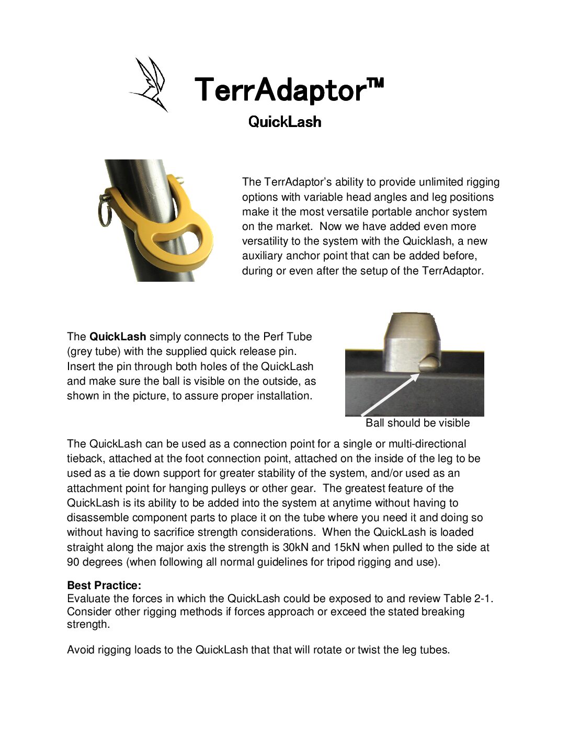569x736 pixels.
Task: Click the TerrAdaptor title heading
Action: (x=289, y=89)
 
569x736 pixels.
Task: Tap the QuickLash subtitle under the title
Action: (x=284, y=122)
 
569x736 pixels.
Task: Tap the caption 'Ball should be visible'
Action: (x=417, y=423)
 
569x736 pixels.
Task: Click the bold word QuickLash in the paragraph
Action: (x=118, y=337)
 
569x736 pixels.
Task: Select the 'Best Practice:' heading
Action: (x=104, y=585)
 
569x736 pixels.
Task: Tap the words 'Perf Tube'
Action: (x=287, y=337)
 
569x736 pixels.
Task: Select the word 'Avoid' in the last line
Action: (x=79, y=650)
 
